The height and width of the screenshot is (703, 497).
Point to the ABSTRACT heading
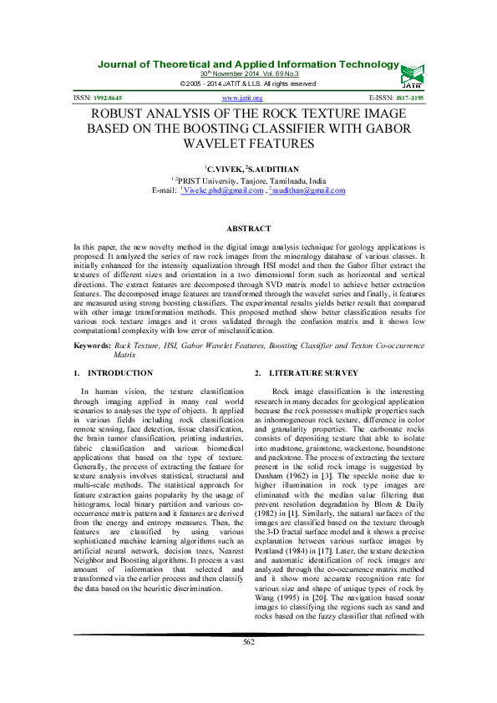point(248,229)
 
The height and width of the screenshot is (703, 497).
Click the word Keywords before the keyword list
point(92,344)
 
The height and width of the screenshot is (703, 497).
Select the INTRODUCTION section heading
point(120,372)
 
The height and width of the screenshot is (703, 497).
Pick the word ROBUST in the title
point(112,114)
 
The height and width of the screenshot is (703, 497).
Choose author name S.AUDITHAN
point(269,168)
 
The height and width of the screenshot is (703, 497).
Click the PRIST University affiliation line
point(248,180)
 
